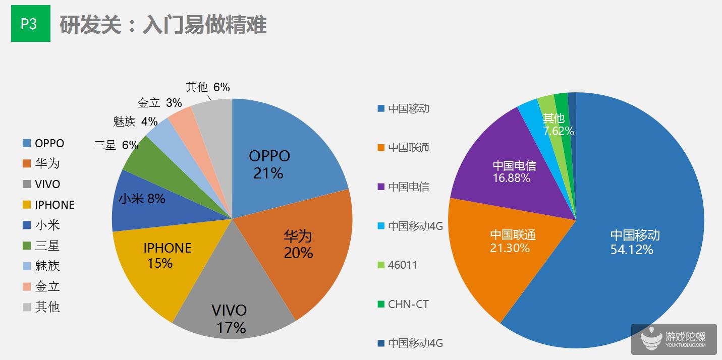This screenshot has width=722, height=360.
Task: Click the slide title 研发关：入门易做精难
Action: pyautogui.click(x=162, y=25)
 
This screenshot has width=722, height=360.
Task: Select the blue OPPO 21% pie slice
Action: pyautogui.click(x=283, y=151)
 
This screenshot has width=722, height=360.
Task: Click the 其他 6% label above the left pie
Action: pyautogui.click(x=207, y=87)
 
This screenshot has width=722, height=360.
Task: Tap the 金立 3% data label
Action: pyautogui.click(x=159, y=103)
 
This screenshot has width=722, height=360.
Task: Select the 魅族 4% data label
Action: pyautogui.click(x=136, y=122)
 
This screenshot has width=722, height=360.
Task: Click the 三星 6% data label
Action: pyautogui.click(x=116, y=145)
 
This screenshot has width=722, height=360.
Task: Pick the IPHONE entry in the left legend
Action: pyautogui.click(x=54, y=205)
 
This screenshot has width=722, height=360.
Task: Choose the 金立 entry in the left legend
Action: pyautogui.click(x=47, y=286)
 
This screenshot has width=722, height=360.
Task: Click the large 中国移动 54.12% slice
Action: pyautogui.click(x=631, y=242)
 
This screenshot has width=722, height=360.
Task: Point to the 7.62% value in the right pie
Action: pyautogui.click(x=559, y=131)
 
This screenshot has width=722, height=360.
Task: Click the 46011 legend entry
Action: pyautogui.click(x=403, y=265)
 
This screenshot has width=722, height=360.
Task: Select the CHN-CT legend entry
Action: pyautogui.click(x=408, y=304)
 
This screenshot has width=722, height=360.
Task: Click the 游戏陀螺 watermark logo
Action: pyautogui.click(x=673, y=339)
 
